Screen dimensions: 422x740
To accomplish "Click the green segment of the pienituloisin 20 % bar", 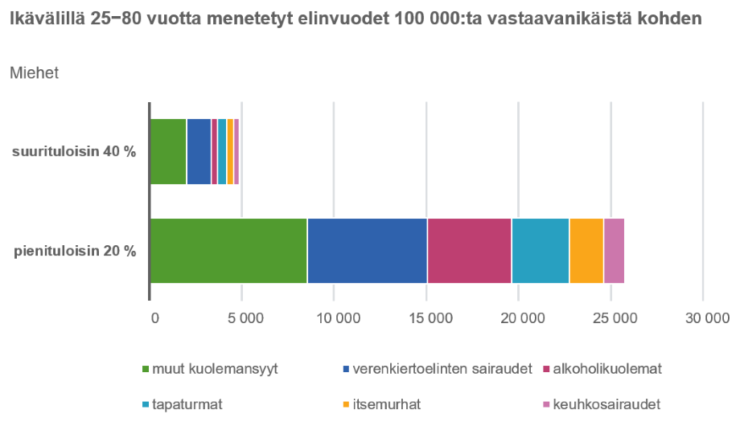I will (228, 251).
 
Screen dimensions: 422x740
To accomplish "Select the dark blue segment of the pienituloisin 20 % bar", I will (367, 251).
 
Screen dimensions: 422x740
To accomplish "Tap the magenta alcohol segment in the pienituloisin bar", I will (469, 251).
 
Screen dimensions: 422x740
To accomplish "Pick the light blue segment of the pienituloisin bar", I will (540, 251).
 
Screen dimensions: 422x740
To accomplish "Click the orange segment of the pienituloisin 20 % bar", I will (586, 251).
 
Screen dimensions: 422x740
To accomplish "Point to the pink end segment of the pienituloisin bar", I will (614, 251).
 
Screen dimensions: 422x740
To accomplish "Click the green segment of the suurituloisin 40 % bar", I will (168, 151).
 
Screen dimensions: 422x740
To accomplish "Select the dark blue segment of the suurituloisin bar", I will (199, 151).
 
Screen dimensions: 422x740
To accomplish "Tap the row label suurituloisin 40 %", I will (74, 152).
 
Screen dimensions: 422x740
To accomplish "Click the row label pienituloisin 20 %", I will (75, 251).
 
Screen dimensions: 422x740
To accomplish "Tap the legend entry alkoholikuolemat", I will (607, 369).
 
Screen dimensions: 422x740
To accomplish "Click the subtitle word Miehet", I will (33, 73).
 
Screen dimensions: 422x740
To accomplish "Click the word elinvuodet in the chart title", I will (347, 18).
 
